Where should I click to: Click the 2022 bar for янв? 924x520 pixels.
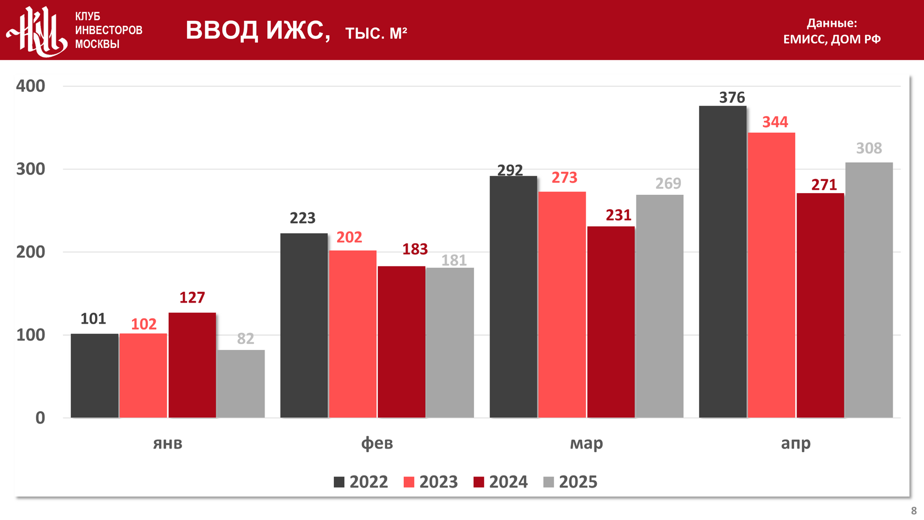95,375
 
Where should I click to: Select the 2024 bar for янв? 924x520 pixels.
192,365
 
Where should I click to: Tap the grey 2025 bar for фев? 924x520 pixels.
450,342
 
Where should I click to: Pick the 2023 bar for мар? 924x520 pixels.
562,304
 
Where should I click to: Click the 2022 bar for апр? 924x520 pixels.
723,261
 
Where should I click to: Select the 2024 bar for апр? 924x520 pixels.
820,305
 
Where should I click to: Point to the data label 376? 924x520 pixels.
732,98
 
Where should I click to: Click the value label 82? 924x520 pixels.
245,339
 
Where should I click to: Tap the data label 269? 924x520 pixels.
668,184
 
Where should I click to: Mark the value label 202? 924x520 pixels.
349,238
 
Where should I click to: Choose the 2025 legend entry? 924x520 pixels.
570,482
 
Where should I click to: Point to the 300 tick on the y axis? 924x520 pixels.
31,169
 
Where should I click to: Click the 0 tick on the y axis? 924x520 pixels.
40,418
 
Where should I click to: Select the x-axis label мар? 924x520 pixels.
586,444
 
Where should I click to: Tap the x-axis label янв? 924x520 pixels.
168,444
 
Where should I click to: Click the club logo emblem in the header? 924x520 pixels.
37,31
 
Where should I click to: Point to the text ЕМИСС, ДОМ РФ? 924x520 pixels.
832,39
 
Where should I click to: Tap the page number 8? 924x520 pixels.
914,511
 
